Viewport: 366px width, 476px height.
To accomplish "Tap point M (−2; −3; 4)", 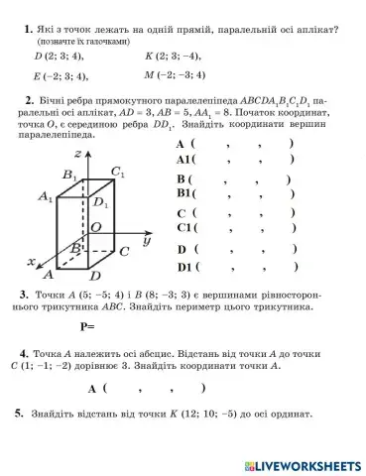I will tap(175, 74).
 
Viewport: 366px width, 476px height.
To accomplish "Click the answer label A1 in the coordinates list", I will tap(185, 159).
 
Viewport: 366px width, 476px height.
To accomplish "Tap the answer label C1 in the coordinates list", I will tap(185, 230).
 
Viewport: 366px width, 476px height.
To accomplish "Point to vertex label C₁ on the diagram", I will tap(118, 173).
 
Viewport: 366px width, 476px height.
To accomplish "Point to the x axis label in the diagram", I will tap(33, 262).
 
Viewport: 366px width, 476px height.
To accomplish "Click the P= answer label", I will tap(87, 325).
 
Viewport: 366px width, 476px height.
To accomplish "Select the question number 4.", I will tap(23, 352).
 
